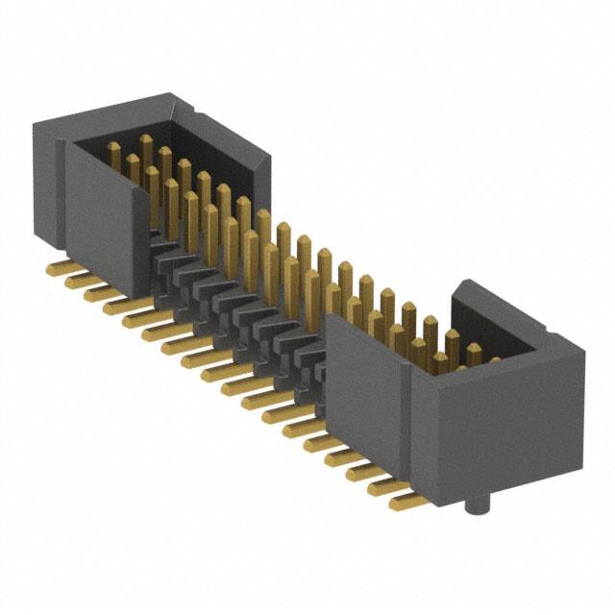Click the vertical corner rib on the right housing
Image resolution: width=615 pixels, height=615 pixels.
415,423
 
